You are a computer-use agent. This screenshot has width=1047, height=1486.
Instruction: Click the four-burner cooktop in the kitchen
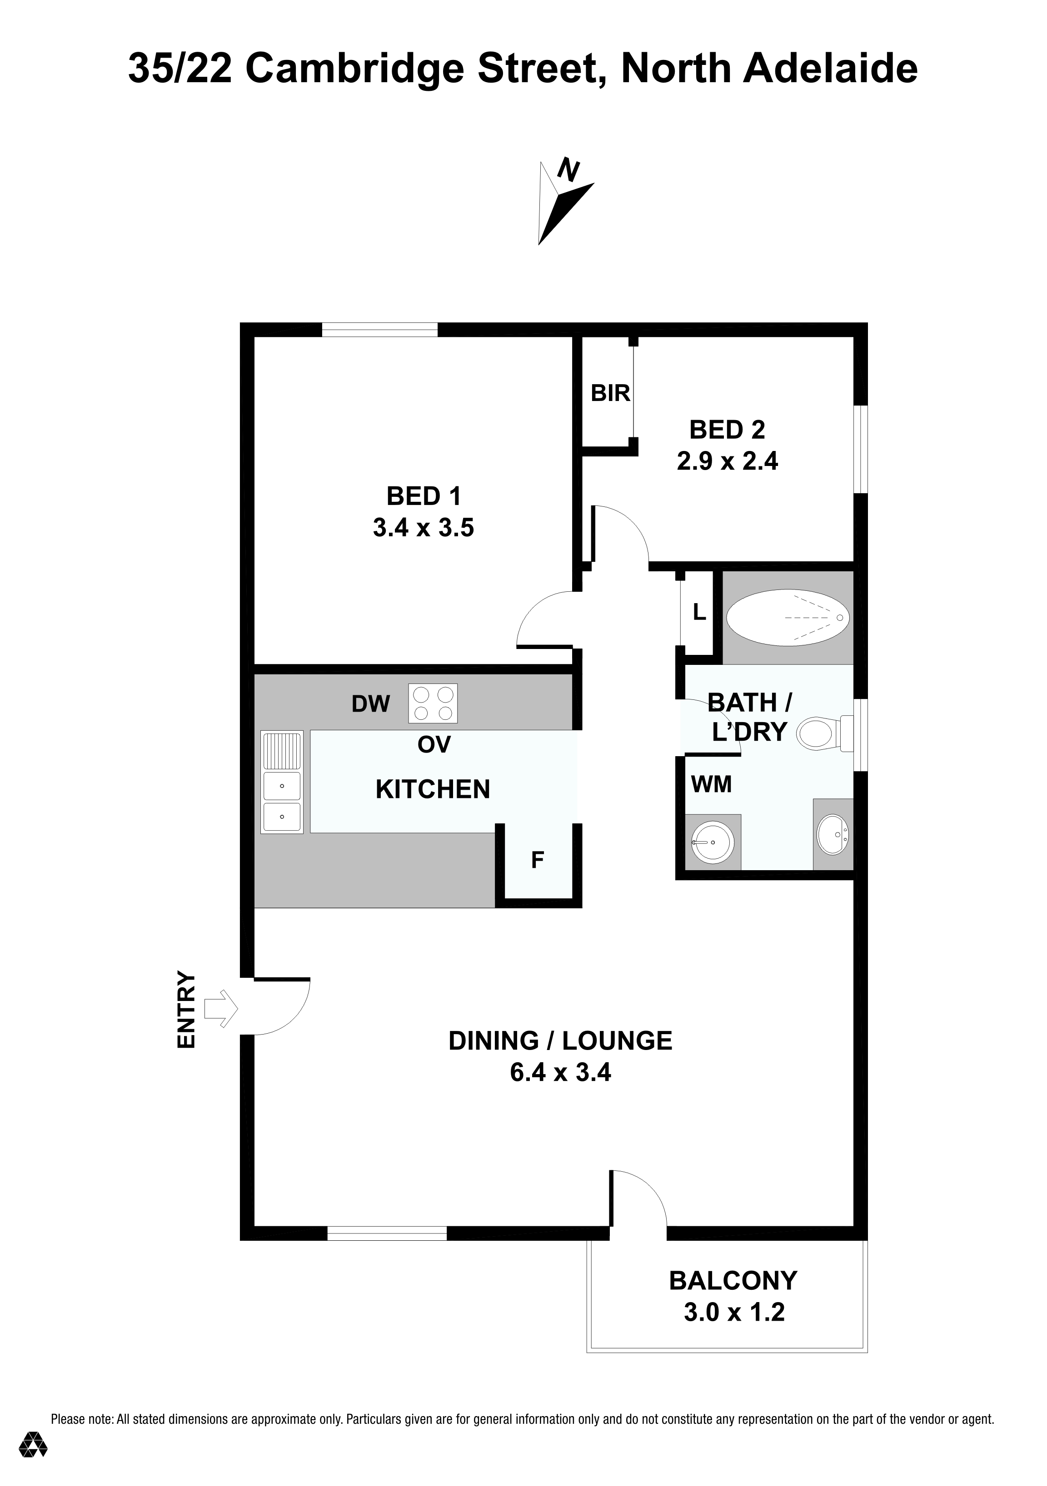click(433, 703)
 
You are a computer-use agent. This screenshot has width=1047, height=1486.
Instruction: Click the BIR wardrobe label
click(610, 393)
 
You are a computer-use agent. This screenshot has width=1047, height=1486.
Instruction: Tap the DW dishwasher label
click(371, 703)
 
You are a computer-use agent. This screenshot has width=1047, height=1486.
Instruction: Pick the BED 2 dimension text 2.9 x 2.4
click(727, 461)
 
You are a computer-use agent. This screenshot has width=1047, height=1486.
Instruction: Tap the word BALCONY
click(733, 1280)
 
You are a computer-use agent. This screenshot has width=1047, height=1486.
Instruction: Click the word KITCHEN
click(433, 790)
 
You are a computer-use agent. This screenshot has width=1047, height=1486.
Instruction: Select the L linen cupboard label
click(699, 612)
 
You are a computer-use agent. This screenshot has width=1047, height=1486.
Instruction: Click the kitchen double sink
click(282, 782)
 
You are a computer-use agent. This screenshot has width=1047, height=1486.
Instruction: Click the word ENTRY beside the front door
click(186, 1009)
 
